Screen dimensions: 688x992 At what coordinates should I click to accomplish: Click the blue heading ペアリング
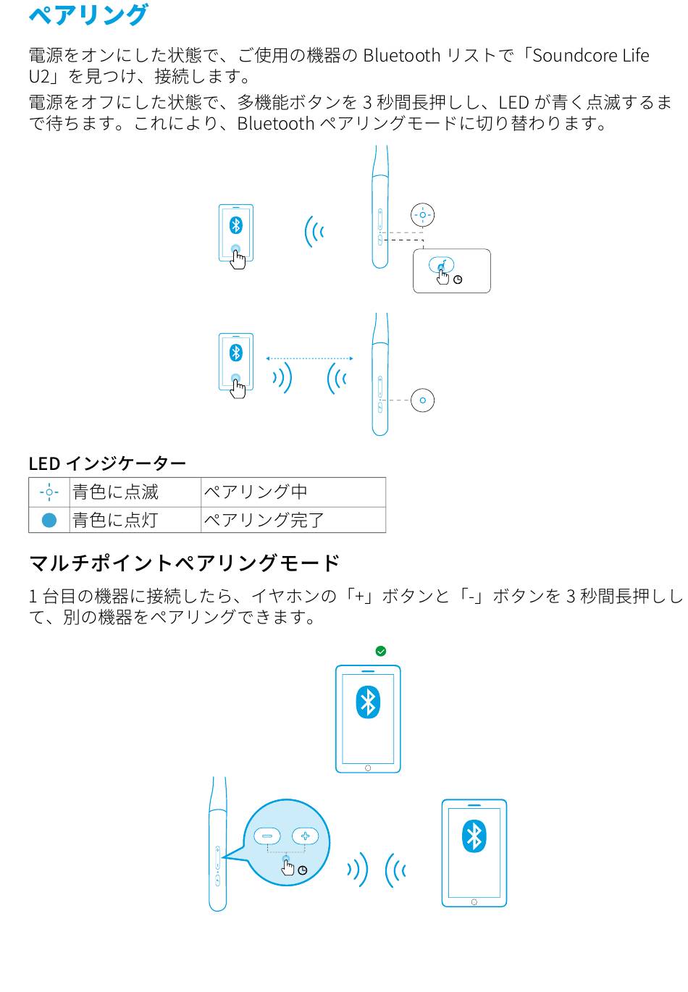click(x=88, y=14)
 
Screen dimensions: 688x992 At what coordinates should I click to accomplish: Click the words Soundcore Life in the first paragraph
click(x=590, y=56)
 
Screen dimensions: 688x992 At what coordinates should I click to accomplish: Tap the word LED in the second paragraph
click(x=513, y=103)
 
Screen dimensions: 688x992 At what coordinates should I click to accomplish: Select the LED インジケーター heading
click(x=107, y=463)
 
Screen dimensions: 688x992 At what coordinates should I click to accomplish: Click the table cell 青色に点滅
click(x=115, y=492)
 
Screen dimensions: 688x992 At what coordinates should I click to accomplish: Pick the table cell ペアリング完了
click(x=264, y=520)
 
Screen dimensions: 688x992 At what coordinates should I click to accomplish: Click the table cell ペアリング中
click(x=255, y=492)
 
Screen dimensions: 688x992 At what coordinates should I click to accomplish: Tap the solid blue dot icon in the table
click(x=49, y=520)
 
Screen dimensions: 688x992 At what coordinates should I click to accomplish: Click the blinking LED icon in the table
click(x=49, y=492)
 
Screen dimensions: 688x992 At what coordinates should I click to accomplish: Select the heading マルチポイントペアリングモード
click(x=184, y=563)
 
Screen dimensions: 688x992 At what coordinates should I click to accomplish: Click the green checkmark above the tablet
click(x=380, y=651)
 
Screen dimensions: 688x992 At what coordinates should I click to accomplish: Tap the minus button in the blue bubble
click(x=267, y=836)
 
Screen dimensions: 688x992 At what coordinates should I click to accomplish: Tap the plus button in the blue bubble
click(x=305, y=836)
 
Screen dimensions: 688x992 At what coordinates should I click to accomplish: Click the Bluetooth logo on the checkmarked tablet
click(x=368, y=702)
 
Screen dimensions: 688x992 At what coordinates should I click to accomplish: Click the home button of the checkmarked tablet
click(x=368, y=768)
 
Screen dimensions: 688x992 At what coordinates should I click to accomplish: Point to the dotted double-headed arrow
click(x=309, y=358)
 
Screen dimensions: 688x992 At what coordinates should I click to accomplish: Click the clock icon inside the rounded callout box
click(x=458, y=279)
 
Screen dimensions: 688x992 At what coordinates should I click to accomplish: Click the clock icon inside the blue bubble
click(x=303, y=870)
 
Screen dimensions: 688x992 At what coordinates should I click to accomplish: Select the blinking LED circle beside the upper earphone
click(x=423, y=215)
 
